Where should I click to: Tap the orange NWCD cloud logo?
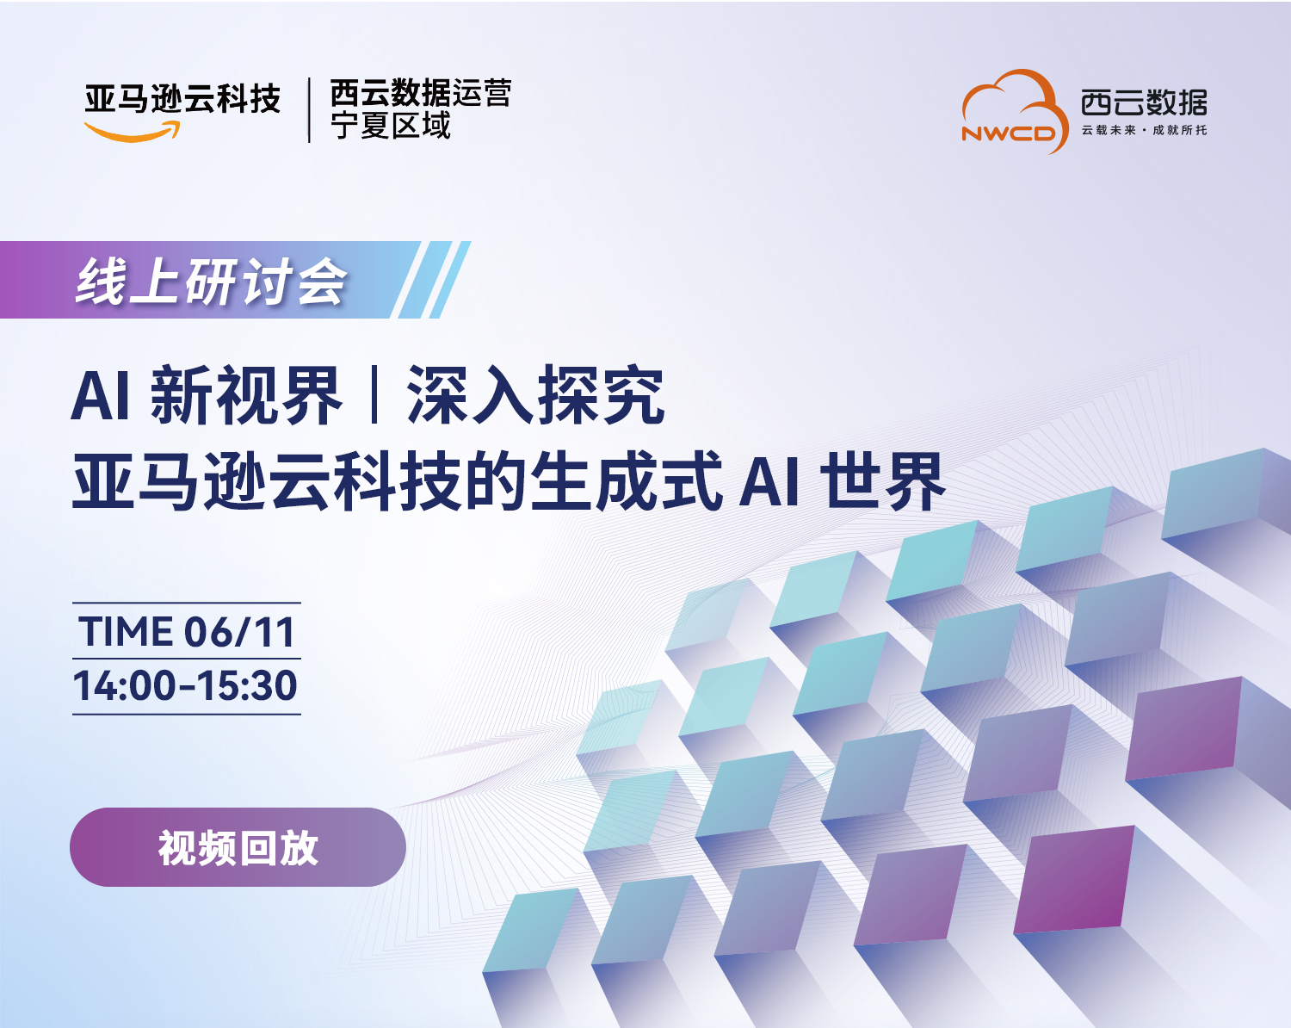tap(1014, 111)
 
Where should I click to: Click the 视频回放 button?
tap(238, 846)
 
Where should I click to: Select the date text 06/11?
tap(239, 632)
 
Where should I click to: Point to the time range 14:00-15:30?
tap(185, 686)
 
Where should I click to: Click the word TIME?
tap(126, 632)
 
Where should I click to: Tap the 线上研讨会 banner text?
tap(211, 282)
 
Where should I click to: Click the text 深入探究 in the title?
tap(535, 395)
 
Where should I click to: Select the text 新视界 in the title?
tap(246, 395)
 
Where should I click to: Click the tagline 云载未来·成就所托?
tap(1144, 130)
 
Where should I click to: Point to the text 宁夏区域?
tap(391, 126)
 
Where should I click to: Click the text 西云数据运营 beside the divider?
tap(421, 92)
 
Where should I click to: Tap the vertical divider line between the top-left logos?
tap(309, 110)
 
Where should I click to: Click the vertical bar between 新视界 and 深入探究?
tap(375, 395)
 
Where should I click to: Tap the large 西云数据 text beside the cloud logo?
tap(1144, 102)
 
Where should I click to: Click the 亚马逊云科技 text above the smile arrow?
tap(182, 99)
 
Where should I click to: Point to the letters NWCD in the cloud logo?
tap(1009, 133)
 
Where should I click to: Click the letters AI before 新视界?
tap(101, 396)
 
